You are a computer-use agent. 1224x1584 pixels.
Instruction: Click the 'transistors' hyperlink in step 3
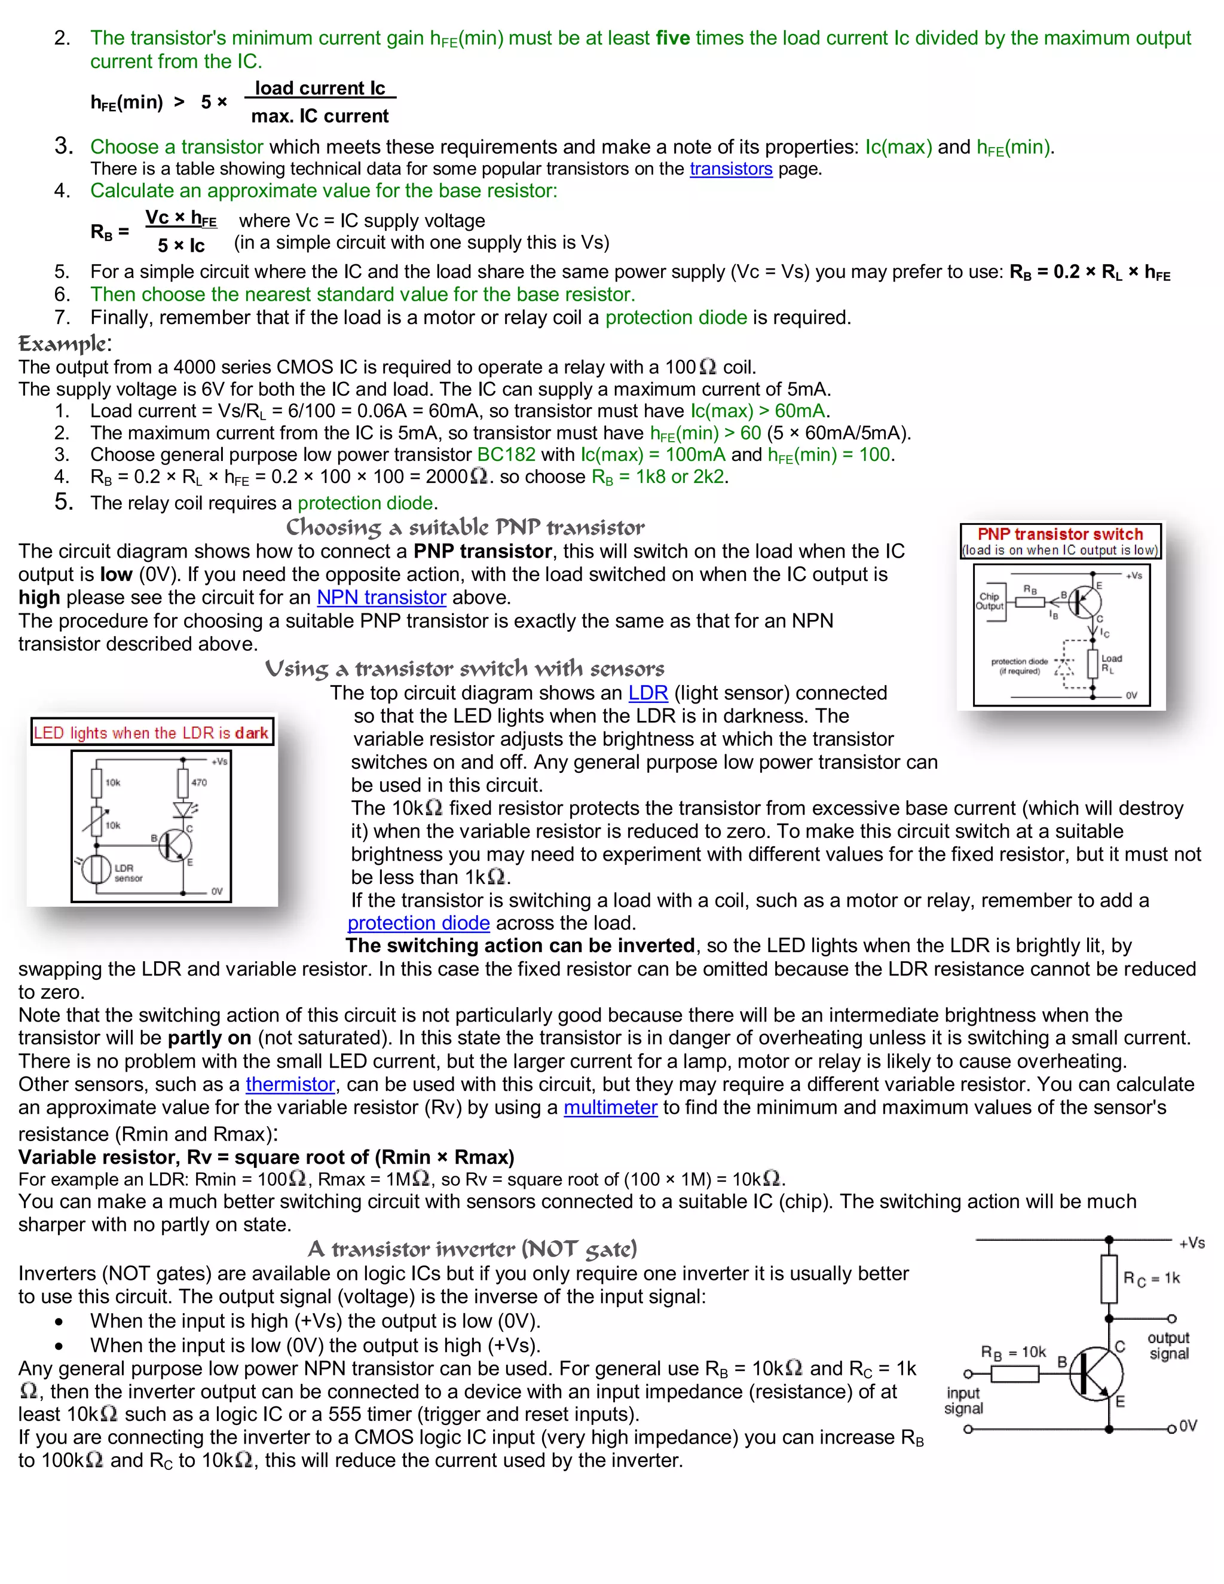click(730, 169)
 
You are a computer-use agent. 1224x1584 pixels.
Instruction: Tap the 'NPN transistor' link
click(381, 598)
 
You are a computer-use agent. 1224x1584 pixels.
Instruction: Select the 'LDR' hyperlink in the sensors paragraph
click(647, 693)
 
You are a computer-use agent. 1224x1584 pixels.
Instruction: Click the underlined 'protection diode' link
click(418, 924)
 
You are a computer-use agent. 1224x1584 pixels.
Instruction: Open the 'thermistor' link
click(290, 1084)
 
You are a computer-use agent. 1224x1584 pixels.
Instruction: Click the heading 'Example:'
click(65, 343)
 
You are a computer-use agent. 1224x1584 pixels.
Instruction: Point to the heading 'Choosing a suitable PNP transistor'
click(465, 527)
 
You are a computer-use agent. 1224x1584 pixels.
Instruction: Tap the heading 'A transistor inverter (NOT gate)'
click(472, 1249)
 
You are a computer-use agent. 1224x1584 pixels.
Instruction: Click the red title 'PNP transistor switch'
click(1060, 534)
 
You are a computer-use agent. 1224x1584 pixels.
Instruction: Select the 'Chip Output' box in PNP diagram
click(990, 601)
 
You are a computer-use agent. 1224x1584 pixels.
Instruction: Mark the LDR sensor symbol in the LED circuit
click(96, 870)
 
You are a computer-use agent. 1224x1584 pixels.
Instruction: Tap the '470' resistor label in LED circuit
click(198, 782)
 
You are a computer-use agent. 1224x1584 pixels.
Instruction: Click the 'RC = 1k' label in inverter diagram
click(1152, 1279)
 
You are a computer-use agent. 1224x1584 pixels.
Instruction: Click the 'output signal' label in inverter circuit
click(1168, 1346)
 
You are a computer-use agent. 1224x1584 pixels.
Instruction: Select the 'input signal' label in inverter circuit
click(963, 1400)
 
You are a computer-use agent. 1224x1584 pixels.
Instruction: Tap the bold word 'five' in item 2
click(672, 38)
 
